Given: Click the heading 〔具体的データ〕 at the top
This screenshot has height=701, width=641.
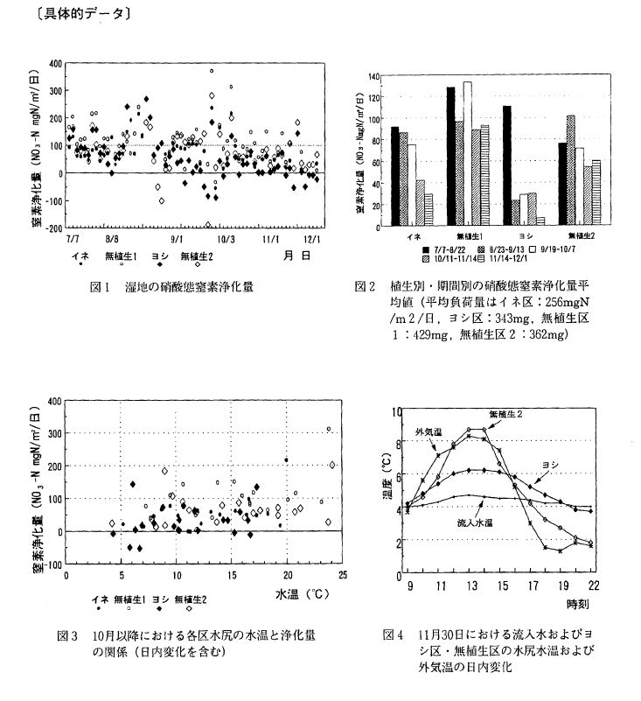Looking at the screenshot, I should pyautogui.click(x=70, y=14).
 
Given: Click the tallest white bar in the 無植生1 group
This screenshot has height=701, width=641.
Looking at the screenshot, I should pyautogui.click(x=467, y=154).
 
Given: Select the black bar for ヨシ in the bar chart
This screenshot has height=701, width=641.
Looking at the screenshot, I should pyautogui.click(x=507, y=166).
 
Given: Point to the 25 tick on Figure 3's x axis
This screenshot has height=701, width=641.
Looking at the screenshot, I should pyautogui.click(x=342, y=574).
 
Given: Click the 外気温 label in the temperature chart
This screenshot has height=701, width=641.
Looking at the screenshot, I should pyautogui.click(x=428, y=431).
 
